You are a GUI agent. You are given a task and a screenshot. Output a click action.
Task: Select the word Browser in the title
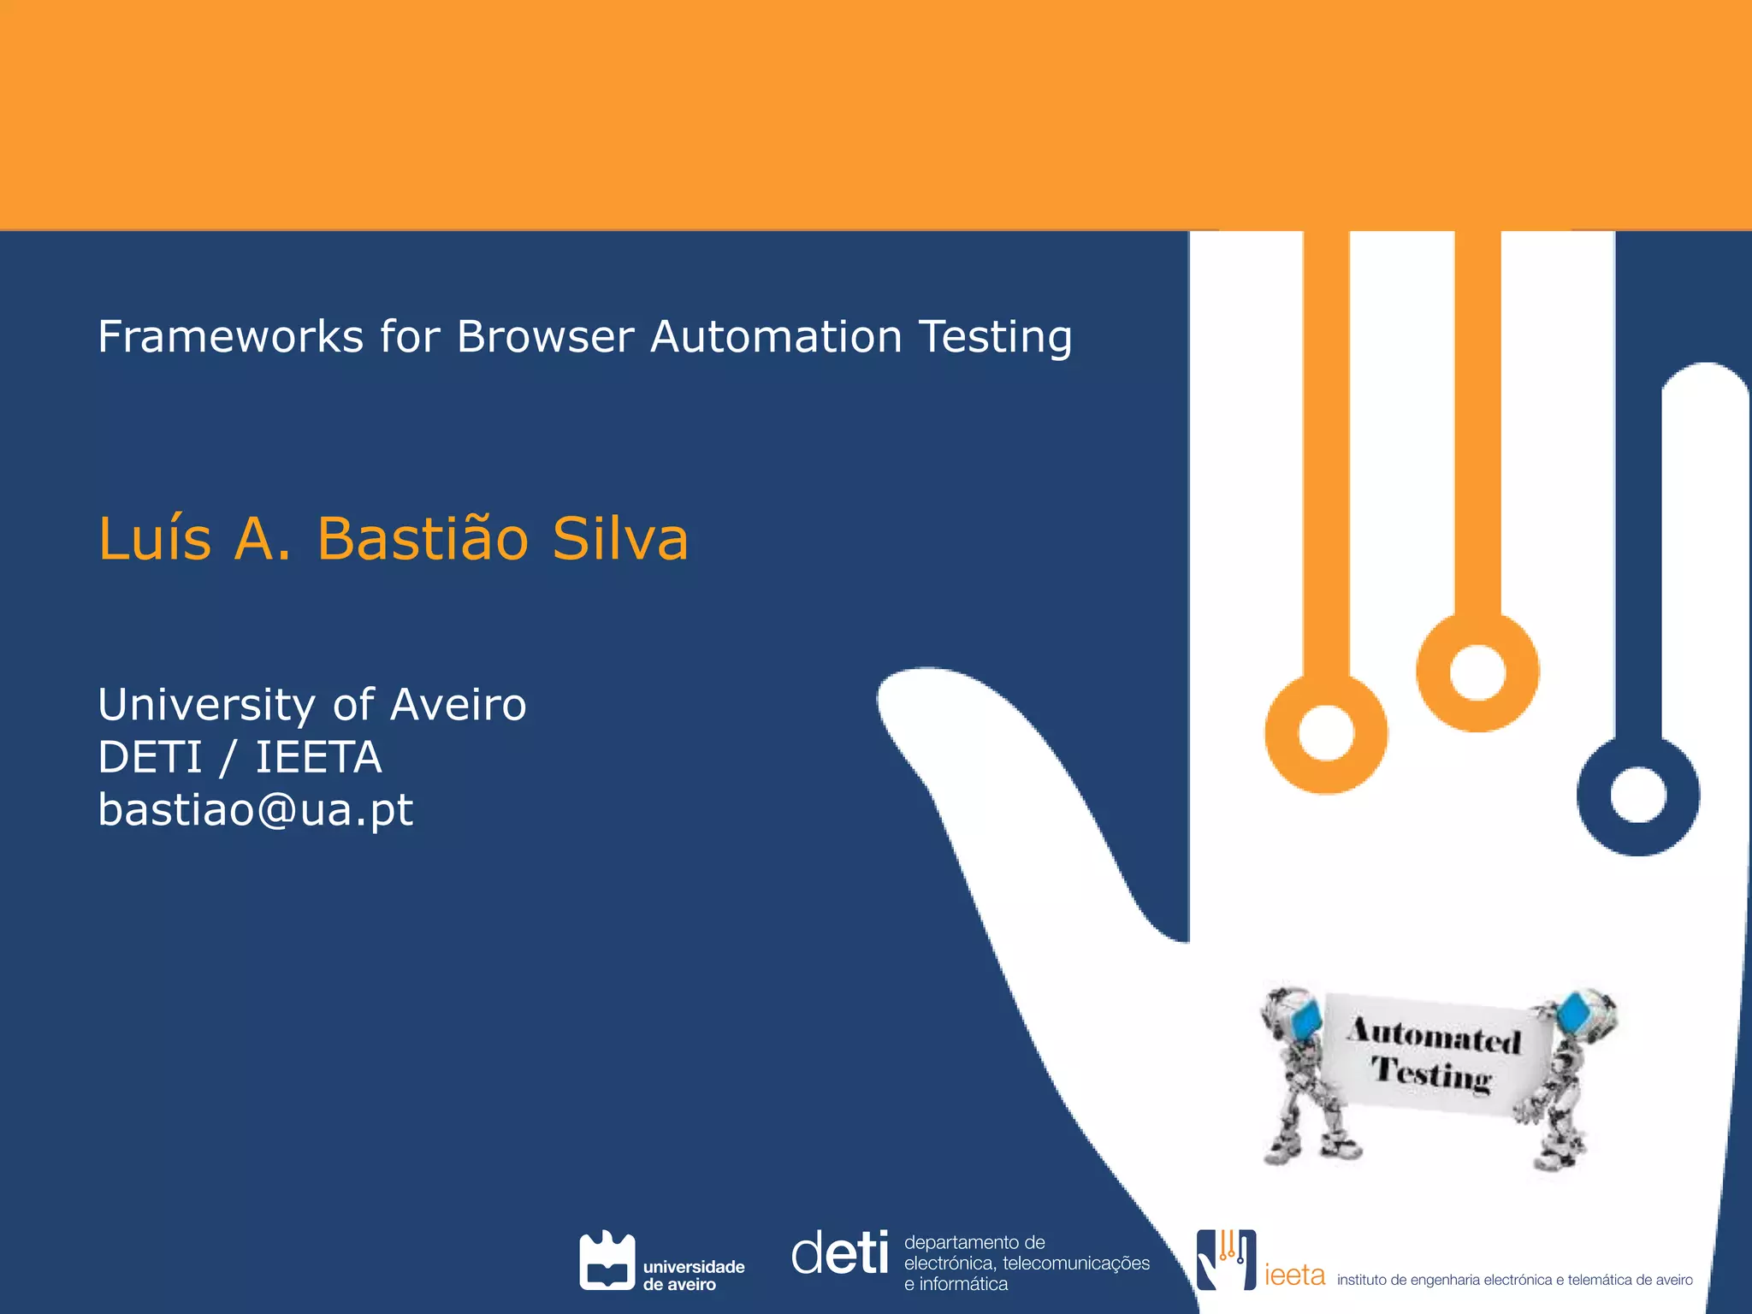(x=544, y=336)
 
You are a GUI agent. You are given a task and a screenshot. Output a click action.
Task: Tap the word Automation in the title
(x=776, y=336)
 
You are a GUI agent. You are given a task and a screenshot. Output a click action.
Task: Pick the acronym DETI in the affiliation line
(x=150, y=757)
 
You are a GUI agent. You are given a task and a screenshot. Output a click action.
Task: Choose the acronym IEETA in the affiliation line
(x=318, y=757)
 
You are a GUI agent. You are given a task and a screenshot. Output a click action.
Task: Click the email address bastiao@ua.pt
(x=255, y=809)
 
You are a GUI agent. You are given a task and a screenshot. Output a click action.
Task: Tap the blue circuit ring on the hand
(x=1637, y=796)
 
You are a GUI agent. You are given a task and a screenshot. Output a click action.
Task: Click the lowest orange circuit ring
(x=1326, y=734)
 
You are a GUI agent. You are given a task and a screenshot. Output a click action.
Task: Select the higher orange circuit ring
(x=1477, y=672)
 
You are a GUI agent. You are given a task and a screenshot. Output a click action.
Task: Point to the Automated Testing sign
(x=1435, y=1055)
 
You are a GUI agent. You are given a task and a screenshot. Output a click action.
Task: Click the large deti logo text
(x=840, y=1254)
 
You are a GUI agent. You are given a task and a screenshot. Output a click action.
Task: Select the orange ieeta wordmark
(x=1294, y=1275)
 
